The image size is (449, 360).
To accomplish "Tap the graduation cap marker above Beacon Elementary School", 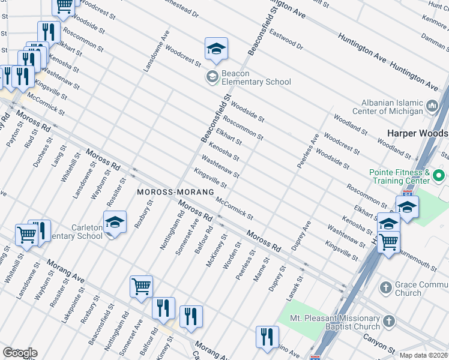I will coord(216,49).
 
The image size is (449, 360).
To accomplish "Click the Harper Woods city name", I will coord(418,133).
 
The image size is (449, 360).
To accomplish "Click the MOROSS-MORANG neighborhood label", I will coord(175,192).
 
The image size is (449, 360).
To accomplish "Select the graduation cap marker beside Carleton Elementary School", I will coord(115,223).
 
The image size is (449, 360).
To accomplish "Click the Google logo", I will coord(19,353).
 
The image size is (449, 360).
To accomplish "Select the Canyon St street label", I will coord(378,343).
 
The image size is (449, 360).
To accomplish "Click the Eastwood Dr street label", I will coord(286,36).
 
